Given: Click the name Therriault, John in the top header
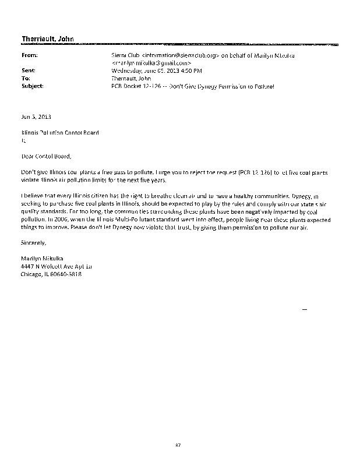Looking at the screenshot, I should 47,38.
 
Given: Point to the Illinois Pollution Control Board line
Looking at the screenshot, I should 60,132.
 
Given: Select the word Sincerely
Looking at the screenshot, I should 33,241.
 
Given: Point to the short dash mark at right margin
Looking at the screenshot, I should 303,308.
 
